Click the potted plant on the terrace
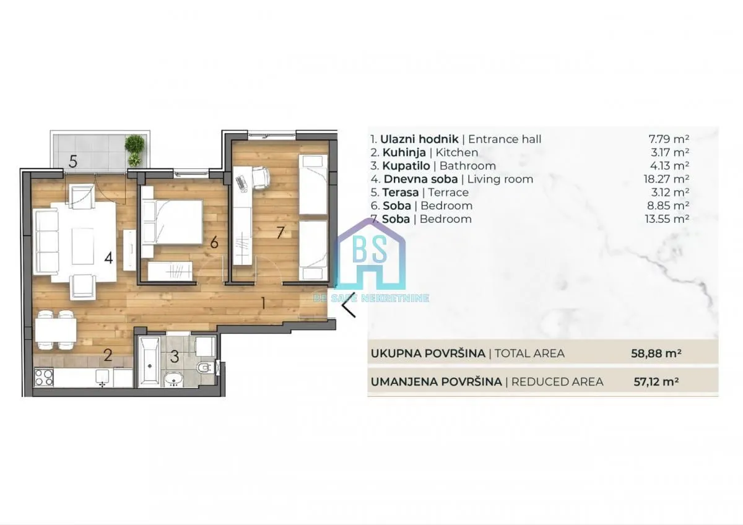tap(134, 150)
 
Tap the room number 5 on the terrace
tap(73, 162)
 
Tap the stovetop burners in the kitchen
tap(45, 377)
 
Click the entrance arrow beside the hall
tap(350, 304)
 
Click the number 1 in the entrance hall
tap(263, 303)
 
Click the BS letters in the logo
tap(370, 249)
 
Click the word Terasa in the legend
tap(396, 193)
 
